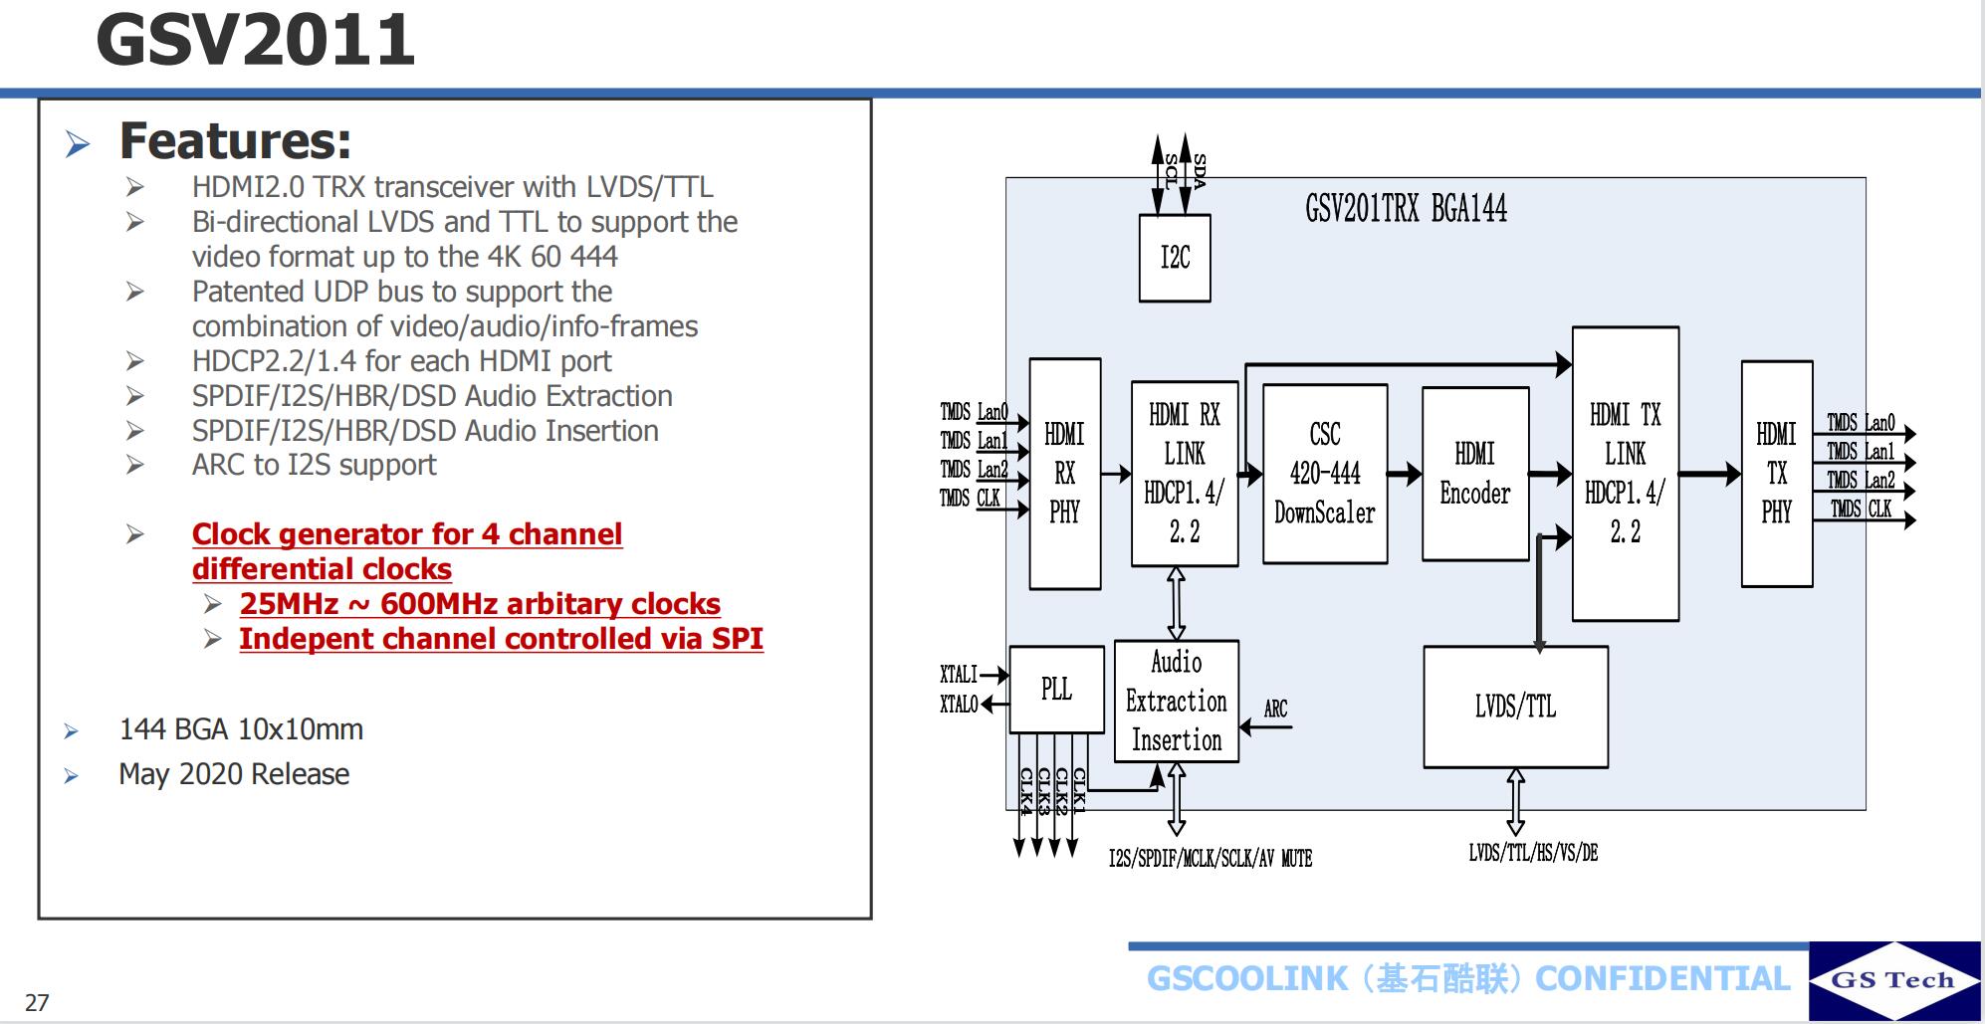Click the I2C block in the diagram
tap(1175, 258)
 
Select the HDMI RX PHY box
tap(1064, 474)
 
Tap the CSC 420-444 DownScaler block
tap(1324, 474)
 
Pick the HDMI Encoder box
tap(1474, 474)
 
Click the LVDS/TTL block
tap(1515, 707)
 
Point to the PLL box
tap(1056, 690)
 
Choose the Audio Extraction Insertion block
tap(1176, 702)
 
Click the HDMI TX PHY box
tap(1776, 474)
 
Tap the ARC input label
tap(1275, 709)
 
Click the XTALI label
tap(959, 675)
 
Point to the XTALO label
tap(959, 705)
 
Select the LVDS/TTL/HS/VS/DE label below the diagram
tap(1533, 853)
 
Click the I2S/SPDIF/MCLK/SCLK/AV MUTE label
tap(1211, 858)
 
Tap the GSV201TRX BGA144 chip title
tap(1406, 209)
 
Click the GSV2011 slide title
tap(255, 41)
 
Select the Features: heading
tap(235, 140)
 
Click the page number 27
tap(37, 1002)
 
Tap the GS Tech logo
tap(1893, 980)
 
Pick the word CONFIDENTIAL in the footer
tap(1662, 979)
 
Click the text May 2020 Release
tap(234, 774)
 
